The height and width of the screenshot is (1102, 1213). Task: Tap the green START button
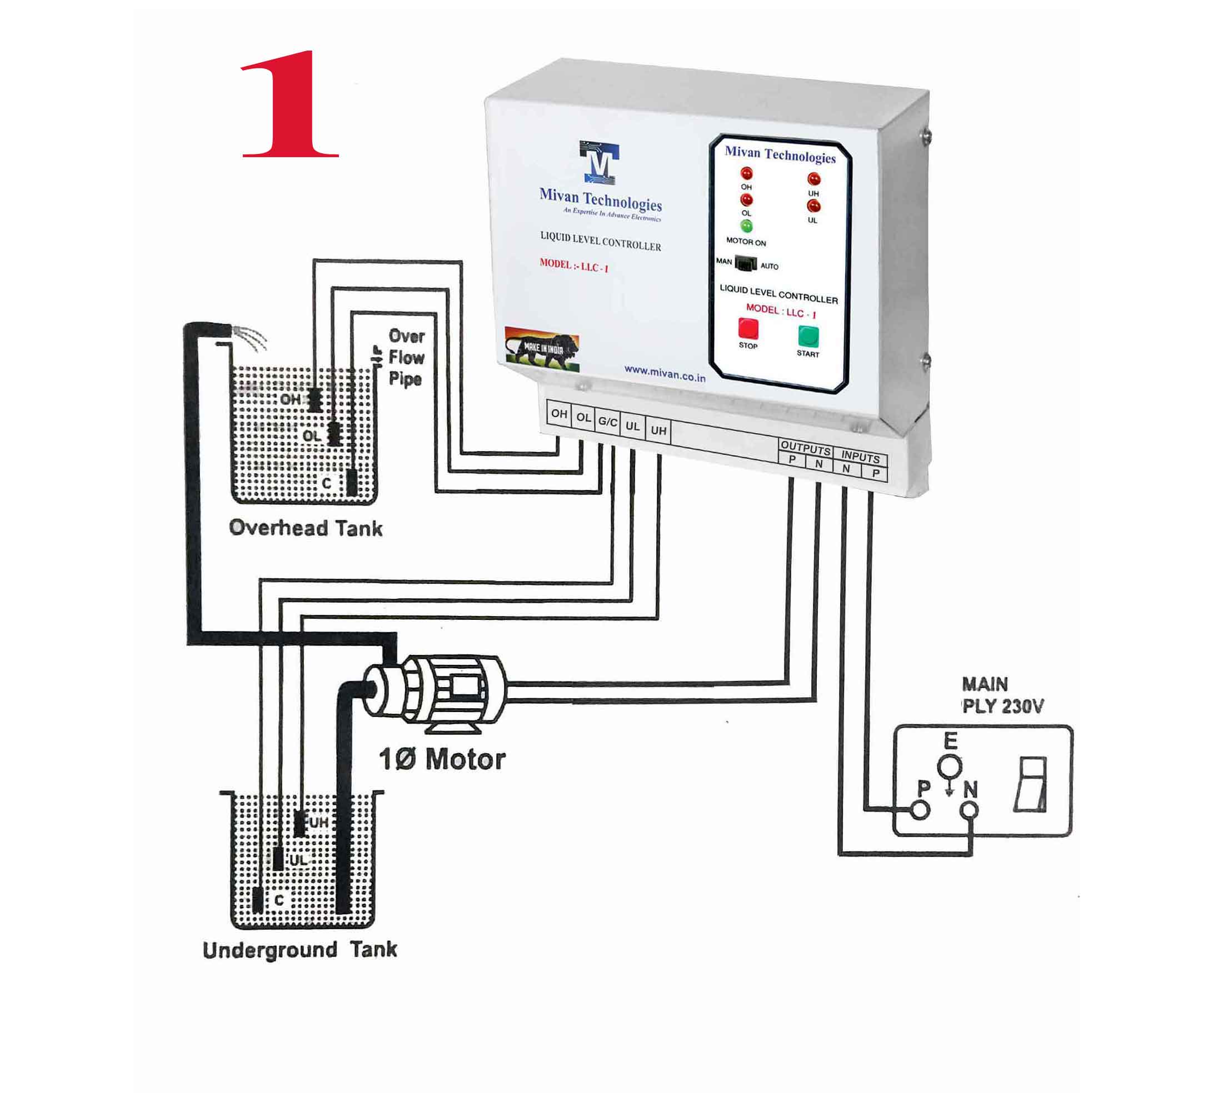coord(808,336)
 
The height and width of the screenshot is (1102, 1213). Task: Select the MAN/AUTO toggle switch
coord(746,263)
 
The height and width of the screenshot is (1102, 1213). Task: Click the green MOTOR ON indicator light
coord(746,226)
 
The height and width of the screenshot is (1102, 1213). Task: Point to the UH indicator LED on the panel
coord(813,179)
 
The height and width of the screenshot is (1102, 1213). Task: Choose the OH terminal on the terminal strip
coord(559,414)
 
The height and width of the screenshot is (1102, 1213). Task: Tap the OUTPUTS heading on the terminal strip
coord(805,449)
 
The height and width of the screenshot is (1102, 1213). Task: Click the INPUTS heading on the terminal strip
coord(860,457)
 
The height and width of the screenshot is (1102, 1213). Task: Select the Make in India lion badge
coord(542,347)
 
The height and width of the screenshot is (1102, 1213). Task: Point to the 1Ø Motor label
coord(442,760)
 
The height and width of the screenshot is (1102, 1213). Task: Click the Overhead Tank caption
coord(306,528)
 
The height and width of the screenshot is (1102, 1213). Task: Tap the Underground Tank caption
coord(299,950)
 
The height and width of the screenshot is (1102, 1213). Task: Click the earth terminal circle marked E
coord(950,767)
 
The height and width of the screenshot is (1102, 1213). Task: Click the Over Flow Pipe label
coord(406,357)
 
